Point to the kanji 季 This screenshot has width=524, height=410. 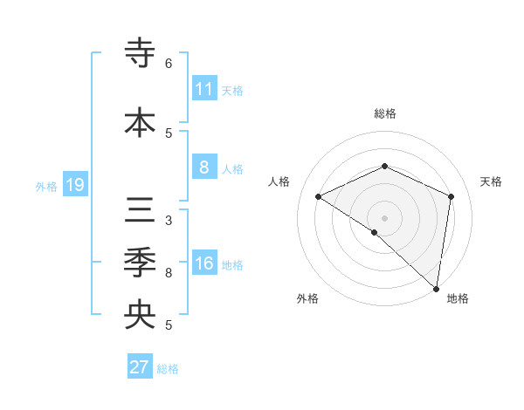pyautogui.click(x=140, y=263)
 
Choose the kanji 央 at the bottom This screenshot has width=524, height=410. pyautogui.click(x=140, y=314)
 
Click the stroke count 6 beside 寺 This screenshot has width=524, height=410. pyautogui.click(x=169, y=64)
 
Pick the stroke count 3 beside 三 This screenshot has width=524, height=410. pyautogui.click(x=169, y=221)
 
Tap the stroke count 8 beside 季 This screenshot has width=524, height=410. pyautogui.click(x=169, y=273)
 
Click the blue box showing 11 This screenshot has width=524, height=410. pyautogui.click(x=204, y=89)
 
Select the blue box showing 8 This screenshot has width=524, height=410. pyautogui.click(x=204, y=167)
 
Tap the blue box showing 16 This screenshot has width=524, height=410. pyautogui.click(x=204, y=263)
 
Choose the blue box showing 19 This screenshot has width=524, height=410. pyautogui.click(x=75, y=185)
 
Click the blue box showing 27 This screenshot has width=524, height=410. pyautogui.click(x=140, y=367)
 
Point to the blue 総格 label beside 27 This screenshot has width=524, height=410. pyautogui.click(x=168, y=369)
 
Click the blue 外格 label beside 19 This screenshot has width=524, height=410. pyautogui.click(x=46, y=186)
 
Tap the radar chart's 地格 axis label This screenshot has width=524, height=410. pyautogui.click(x=458, y=298)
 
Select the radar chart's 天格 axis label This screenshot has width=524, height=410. pyautogui.click(x=491, y=181)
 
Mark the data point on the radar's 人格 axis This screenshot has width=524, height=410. pyautogui.click(x=319, y=196)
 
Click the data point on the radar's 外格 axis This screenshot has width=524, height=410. pyautogui.click(x=375, y=232)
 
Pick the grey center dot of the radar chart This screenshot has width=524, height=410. pyautogui.click(x=384, y=217)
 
